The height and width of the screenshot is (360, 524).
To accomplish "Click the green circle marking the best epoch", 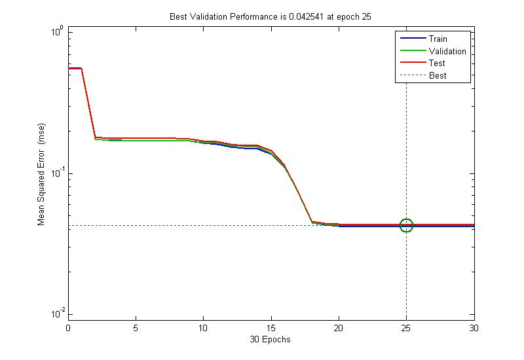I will (x=406, y=225).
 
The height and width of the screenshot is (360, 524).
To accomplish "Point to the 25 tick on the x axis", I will (x=406, y=327).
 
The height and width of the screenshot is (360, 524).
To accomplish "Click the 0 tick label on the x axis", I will (x=68, y=327).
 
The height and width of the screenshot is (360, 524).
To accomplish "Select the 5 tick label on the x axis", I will (x=136, y=327).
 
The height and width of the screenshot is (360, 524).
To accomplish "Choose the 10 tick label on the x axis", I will (x=203, y=327).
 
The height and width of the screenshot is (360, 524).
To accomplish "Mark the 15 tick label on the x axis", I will (x=271, y=327).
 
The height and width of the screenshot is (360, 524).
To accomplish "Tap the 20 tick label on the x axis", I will (x=339, y=327).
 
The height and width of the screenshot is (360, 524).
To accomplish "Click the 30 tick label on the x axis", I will (x=474, y=327).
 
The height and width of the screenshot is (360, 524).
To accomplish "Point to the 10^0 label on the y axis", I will (x=56, y=31).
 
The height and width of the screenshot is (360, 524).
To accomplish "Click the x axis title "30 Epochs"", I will (x=271, y=339).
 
